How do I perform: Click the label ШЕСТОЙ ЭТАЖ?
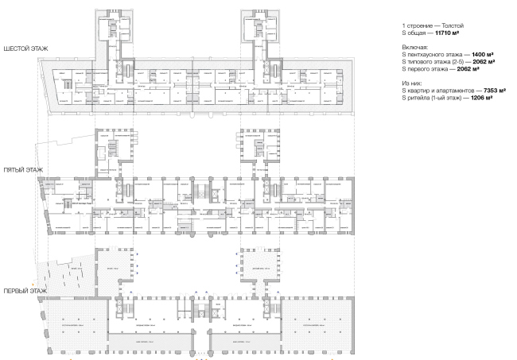(x=25, y=49)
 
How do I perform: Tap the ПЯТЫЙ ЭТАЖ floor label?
(x=21, y=171)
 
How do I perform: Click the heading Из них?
(x=413, y=82)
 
